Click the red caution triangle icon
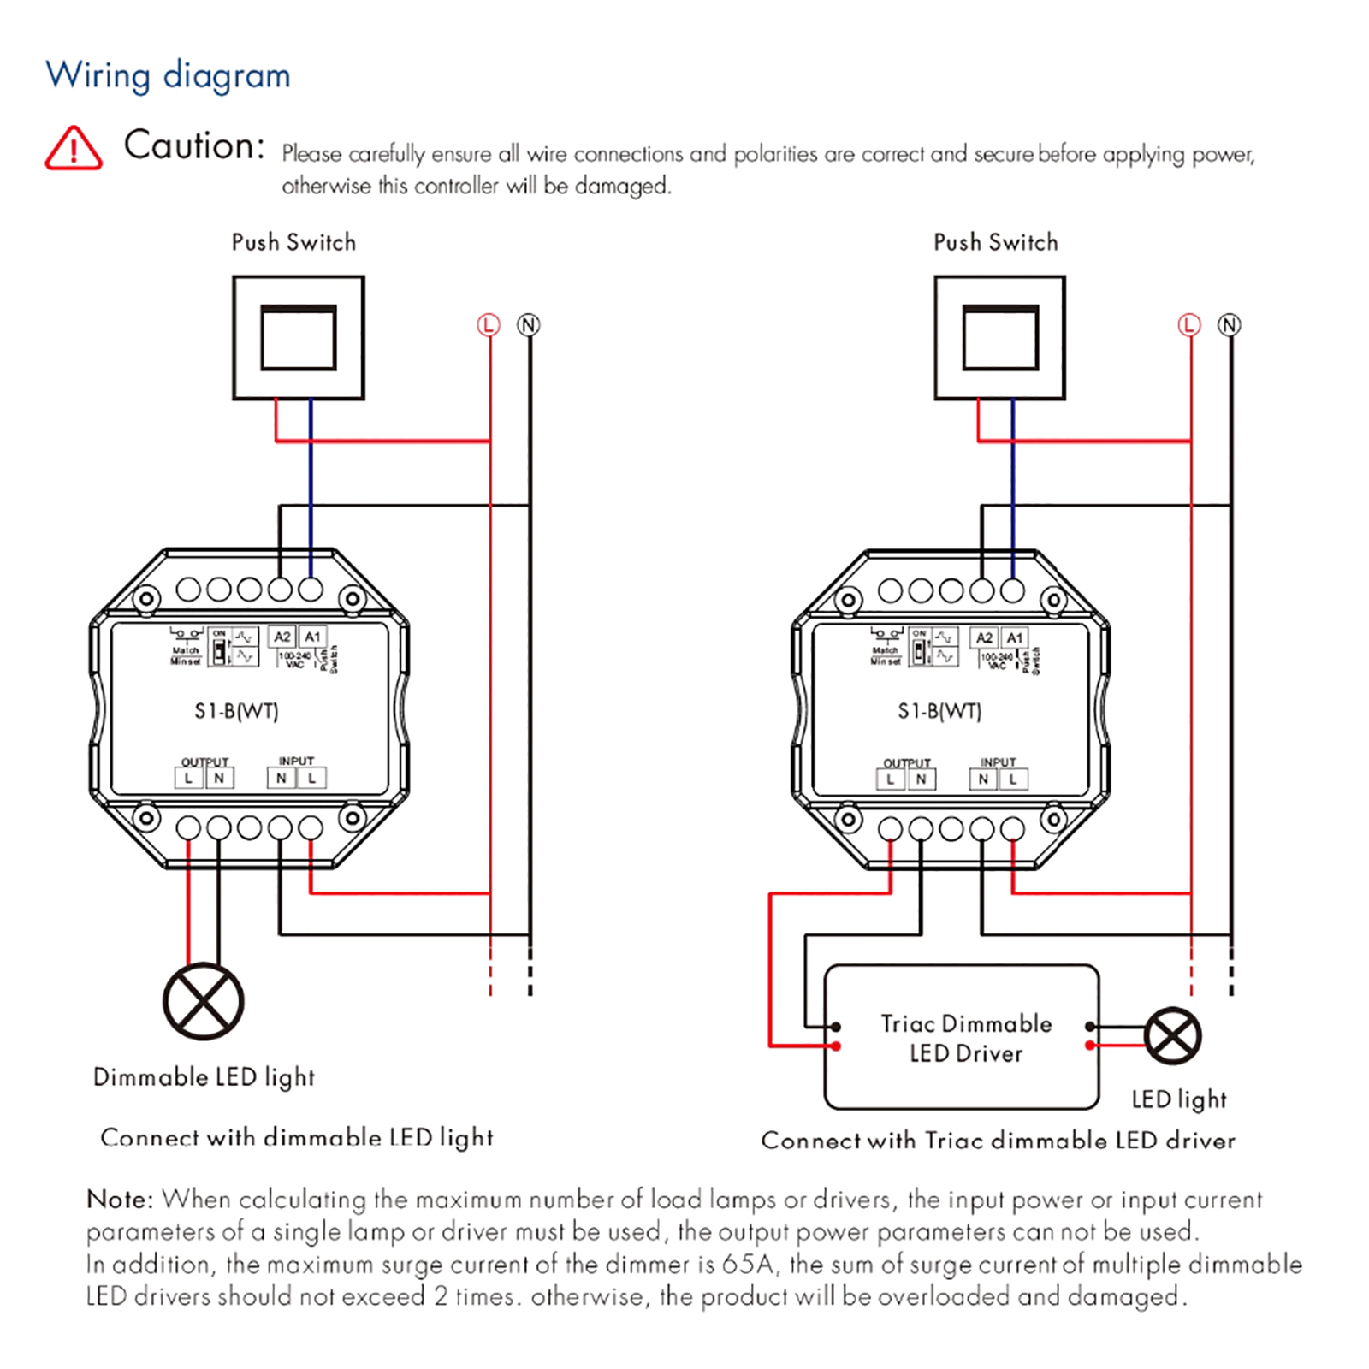point(74,149)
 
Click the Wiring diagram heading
point(168,75)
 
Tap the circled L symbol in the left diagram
point(488,325)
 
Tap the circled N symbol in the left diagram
point(529,325)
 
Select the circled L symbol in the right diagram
point(1189,325)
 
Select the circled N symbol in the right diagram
point(1230,325)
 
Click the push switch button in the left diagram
point(299,338)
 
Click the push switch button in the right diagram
point(1000,338)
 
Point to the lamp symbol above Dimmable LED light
point(204,1001)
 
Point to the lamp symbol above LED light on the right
point(1173,1036)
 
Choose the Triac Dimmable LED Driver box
point(962,1037)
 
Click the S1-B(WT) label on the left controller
point(236,711)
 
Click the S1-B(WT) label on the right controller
point(939,711)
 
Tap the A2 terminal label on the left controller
point(282,637)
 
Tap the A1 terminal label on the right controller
point(1015,637)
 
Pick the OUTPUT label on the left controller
point(204,762)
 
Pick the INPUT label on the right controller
point(998,762)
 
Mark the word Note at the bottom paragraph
point(118,1200)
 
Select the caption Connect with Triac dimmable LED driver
point(998,1141)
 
